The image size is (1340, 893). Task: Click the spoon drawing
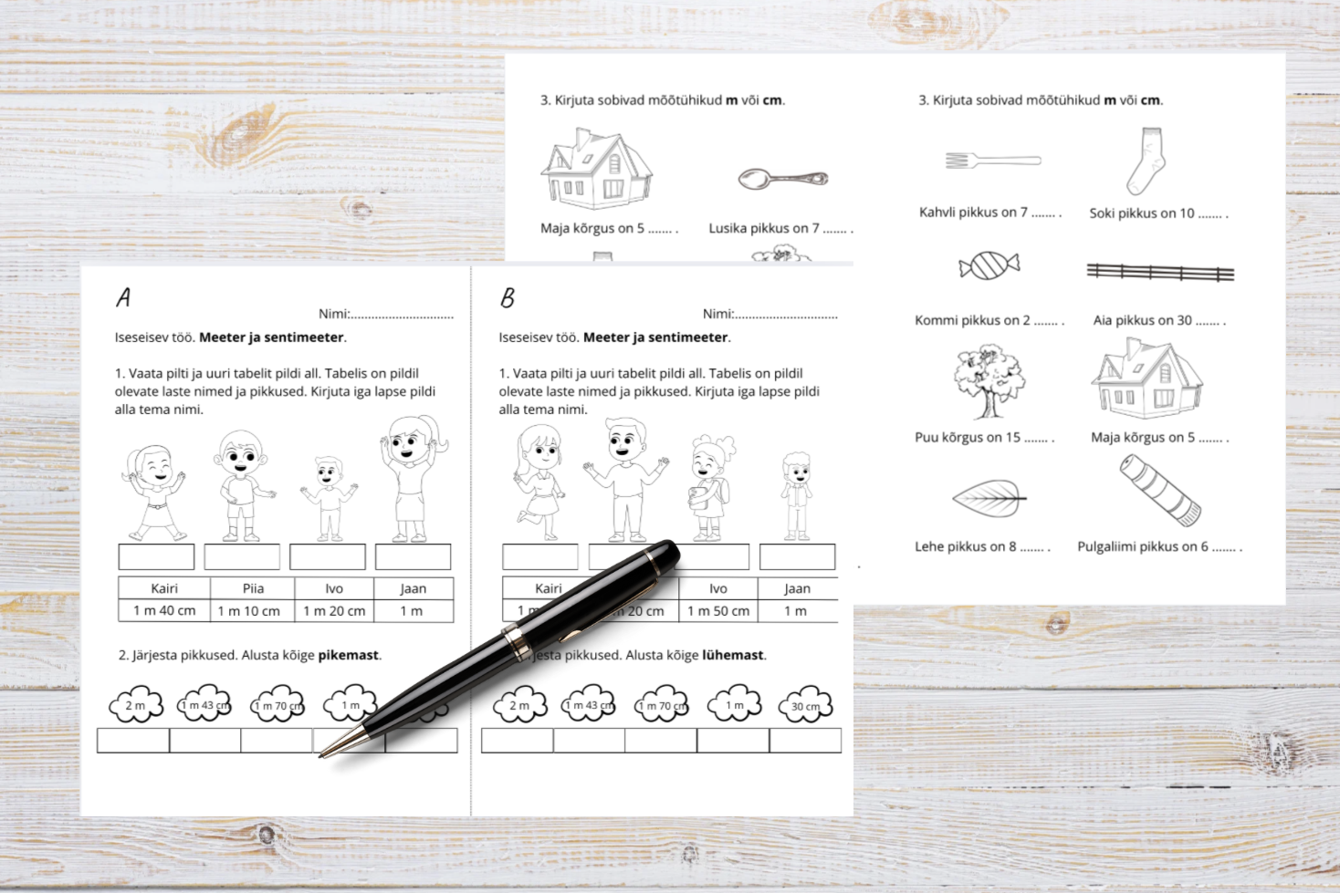pos(782,178)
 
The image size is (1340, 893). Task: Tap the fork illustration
pos(992,161)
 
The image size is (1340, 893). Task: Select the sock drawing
pos(1146,161)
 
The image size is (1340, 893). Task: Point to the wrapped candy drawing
pos(989,265)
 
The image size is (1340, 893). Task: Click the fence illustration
pos(1159,272)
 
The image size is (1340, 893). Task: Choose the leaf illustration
pos(988,498)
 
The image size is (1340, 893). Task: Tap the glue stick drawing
pos(1160,491)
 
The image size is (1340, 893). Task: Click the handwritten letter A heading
pos(123,297)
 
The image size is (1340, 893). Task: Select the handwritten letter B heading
pos(508,297)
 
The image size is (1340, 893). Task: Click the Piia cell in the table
pos(253,588)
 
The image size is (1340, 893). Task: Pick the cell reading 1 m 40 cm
pos(164,611)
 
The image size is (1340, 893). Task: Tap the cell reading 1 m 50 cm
pos(718,611)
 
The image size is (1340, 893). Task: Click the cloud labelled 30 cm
pos(805,705)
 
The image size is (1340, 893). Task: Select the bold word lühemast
pos(733,655)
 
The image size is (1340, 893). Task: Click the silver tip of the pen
pos(326,753)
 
